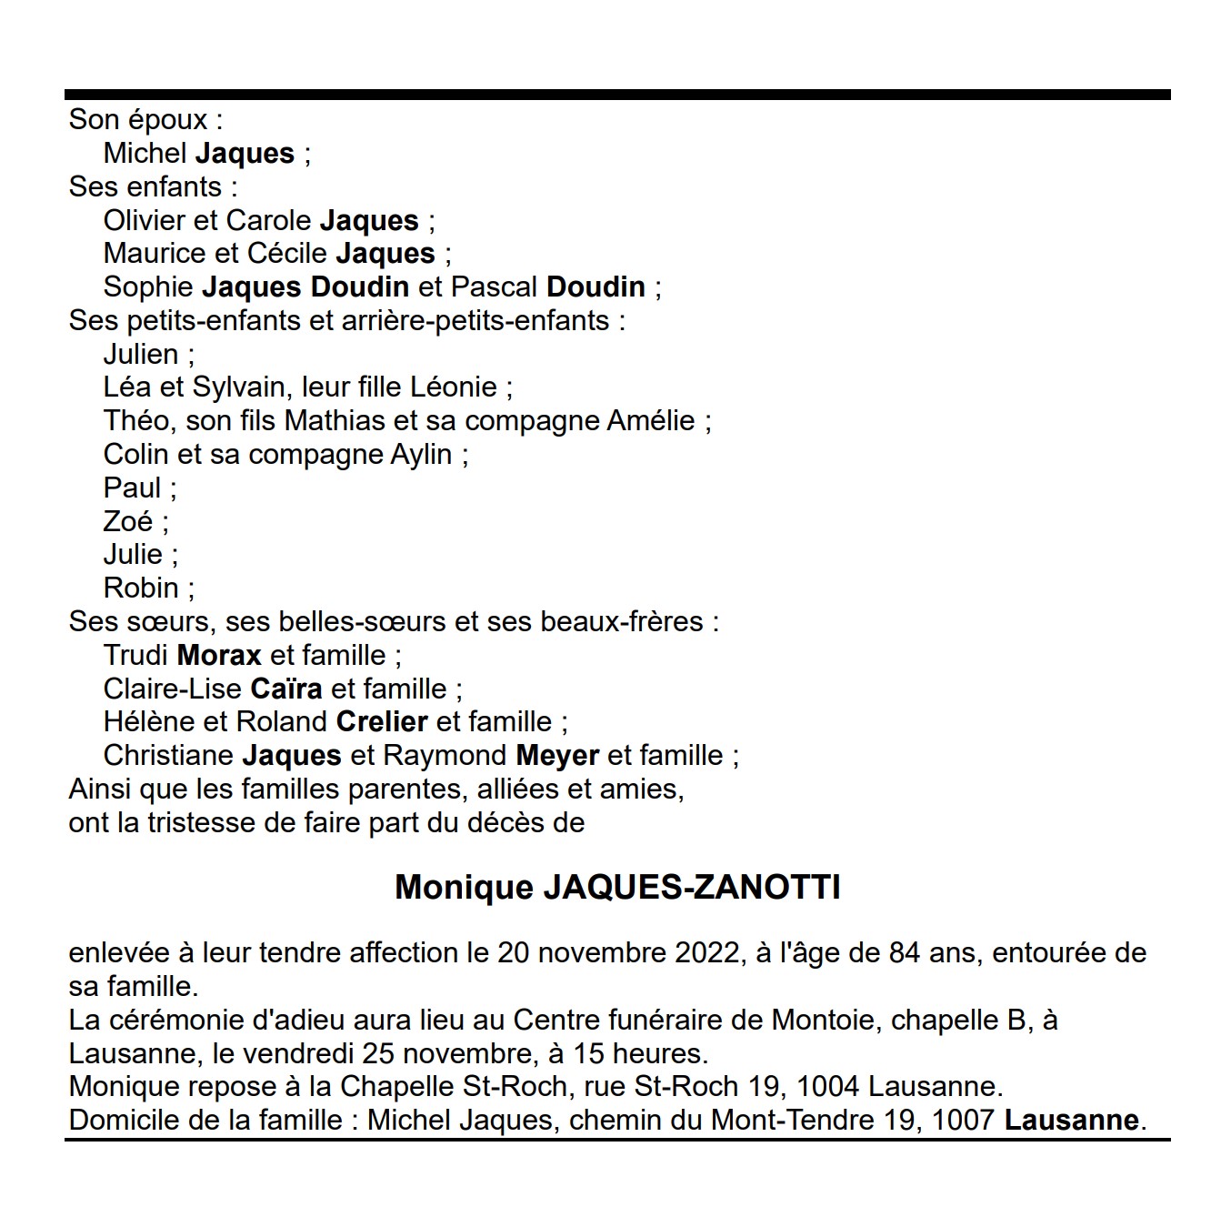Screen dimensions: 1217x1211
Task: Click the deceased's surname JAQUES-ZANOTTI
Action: (691, 887)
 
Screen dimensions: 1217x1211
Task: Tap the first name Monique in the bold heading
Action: (464, 887)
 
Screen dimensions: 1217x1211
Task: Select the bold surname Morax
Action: (219, 655)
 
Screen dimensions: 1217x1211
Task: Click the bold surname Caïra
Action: (286, 689)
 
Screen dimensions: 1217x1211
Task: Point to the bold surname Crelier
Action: (382, 722)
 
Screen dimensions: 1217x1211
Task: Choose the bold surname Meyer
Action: (557, 756)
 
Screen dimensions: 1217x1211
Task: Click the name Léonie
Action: (454, 387)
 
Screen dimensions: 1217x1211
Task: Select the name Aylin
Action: (421, 455)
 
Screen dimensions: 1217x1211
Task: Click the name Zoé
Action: (128, 521)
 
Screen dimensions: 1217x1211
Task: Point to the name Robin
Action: (141, 588)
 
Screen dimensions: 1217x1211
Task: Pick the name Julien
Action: (141, 354)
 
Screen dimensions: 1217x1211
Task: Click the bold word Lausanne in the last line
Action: (1071, 1120)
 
